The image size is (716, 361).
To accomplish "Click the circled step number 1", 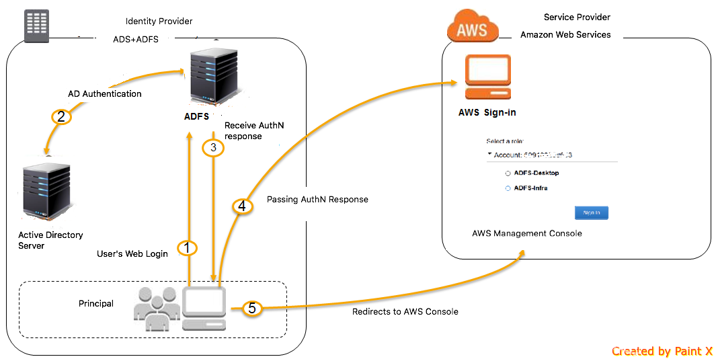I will (188, 248).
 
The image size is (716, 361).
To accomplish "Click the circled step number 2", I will (61, 117).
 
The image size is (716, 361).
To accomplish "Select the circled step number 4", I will (243, 206).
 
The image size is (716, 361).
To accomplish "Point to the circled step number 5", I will (251, 309).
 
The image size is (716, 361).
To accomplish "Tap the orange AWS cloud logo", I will (473, 26).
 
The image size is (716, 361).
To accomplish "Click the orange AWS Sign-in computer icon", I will (487, 77).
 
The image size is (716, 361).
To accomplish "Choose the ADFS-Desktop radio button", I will (508, 173).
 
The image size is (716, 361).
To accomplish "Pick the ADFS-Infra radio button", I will (508, 188).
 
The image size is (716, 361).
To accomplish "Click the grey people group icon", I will (156, 309).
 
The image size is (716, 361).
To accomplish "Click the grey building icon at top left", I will (36, 26).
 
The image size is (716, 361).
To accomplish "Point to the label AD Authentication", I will (105, 94).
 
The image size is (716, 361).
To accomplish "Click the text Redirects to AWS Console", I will (405, 312).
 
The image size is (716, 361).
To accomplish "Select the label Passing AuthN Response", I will (317, 200).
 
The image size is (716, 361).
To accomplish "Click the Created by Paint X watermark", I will (662, 351).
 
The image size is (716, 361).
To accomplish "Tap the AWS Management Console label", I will (526, 233).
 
